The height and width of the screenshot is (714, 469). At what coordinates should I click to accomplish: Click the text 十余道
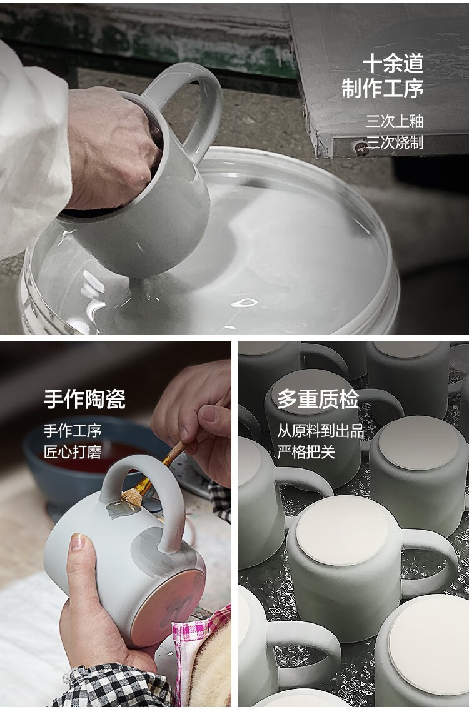[393, 64]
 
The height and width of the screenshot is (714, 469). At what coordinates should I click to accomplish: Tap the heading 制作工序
[383, 88]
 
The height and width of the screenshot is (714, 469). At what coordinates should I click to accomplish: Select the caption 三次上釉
[395, 121]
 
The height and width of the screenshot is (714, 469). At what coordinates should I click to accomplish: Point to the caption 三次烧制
[395, 142]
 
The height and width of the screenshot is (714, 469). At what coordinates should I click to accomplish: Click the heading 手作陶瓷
[84, 399]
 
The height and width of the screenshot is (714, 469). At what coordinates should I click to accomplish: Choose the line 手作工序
[73, 430]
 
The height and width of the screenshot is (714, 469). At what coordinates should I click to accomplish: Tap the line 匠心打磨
[73, 451]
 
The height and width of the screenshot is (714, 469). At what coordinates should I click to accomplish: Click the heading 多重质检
[318, 399]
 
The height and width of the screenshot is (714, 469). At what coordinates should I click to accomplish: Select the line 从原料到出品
[321, 430]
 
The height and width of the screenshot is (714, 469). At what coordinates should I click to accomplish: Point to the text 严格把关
[306, 451]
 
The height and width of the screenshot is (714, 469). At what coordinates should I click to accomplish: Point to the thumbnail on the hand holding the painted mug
[77, 542]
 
